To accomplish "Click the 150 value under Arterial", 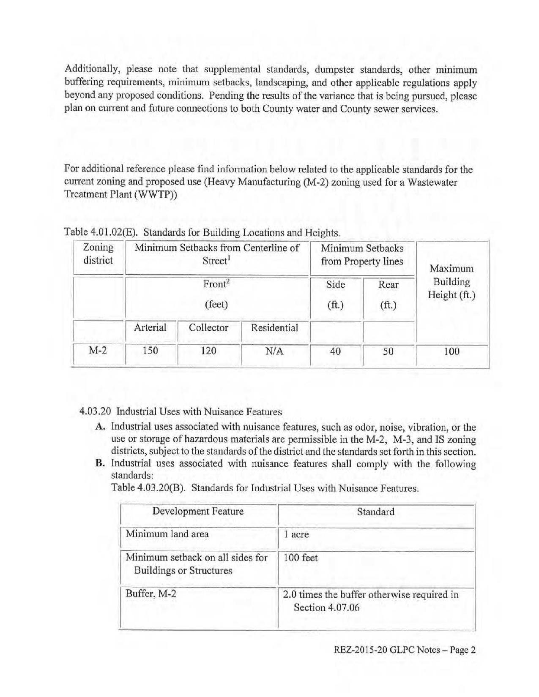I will (150, 351).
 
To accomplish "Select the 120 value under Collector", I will (208, 351).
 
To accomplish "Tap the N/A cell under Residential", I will (275, 351).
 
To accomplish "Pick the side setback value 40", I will (335, 351).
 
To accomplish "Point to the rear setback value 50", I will (388, 351).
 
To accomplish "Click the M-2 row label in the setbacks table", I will (98, 351).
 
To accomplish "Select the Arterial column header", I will (150, 327).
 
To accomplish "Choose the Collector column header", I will (208, 327).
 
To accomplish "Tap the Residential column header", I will (274, 328).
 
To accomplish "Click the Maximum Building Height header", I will (451, 282).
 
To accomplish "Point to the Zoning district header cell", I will (98, 254).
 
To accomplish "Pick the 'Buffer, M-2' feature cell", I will (151, 594).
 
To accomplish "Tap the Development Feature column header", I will (198, 512).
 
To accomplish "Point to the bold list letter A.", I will (100, 427).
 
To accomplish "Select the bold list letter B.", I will (100, 463).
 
